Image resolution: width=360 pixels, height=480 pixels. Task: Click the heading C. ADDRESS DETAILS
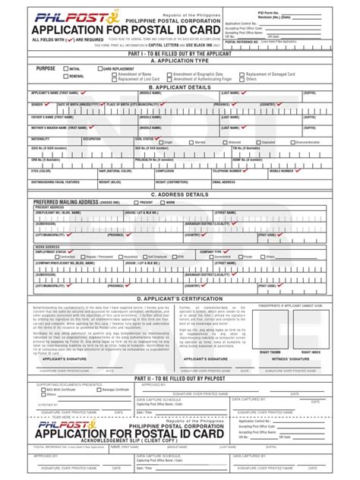(x=179, y=194)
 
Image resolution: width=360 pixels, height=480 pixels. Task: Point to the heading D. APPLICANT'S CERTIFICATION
(x=179, y=299)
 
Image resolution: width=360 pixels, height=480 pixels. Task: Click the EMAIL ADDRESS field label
(x=229, y=182)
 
